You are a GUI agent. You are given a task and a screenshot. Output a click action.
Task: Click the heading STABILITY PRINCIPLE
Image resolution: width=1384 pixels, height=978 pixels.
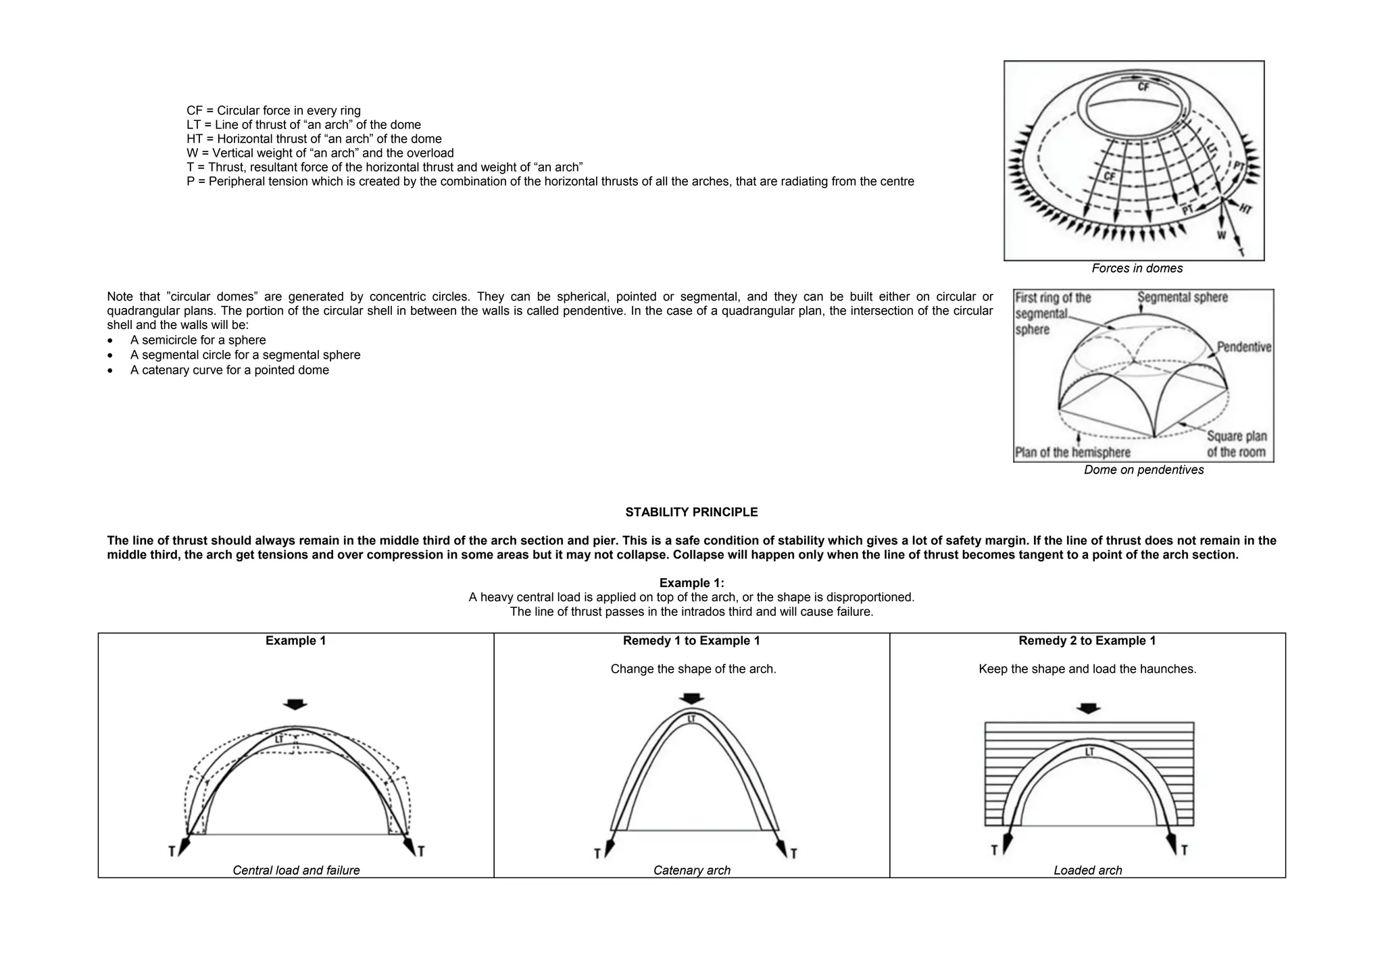click(691, 512)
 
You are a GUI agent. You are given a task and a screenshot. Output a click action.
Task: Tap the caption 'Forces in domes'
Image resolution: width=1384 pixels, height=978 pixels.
click(1137, 268)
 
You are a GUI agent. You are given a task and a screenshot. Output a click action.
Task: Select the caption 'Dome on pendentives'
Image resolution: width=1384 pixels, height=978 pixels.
click(1143, 469)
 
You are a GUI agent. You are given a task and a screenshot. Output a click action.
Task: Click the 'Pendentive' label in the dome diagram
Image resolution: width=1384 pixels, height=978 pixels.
click(1243, 347)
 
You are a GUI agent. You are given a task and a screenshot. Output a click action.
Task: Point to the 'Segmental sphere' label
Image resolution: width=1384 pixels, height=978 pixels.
click(1182, 297)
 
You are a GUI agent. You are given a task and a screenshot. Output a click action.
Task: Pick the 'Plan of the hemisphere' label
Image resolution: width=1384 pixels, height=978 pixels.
click(1072, 452)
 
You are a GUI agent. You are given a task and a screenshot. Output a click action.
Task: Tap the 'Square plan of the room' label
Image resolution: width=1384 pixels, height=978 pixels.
click(1236, 444)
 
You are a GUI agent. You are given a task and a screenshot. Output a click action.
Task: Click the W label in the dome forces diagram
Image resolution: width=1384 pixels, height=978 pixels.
click(1221, 235)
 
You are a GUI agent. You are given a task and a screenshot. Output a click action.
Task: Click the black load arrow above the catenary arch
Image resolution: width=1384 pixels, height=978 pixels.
click(691, 698)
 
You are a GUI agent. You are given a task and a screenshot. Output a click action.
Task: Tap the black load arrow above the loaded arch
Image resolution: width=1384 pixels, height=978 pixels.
click(1087, 709)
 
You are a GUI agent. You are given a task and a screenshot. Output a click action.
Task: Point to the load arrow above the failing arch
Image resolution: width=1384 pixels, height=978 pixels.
click(295, 704)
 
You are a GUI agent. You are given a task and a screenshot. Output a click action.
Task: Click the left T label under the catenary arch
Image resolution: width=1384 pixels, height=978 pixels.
click(597, 854)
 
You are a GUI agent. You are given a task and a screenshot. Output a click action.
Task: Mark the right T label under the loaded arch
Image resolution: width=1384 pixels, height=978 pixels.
click(1184, 850)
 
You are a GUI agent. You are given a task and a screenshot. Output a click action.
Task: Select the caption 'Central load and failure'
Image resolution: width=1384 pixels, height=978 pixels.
click(296, 871)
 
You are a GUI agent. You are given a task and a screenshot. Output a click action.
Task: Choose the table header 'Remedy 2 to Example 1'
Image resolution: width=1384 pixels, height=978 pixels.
click(1087, 640)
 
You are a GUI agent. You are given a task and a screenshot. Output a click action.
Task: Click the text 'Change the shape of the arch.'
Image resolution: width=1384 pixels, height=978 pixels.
click(693, 669)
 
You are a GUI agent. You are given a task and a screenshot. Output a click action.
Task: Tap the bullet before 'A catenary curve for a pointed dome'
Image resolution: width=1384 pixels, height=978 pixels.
click(111, 371)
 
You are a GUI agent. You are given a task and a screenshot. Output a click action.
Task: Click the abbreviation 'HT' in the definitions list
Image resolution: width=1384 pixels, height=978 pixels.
click(194, 139)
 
